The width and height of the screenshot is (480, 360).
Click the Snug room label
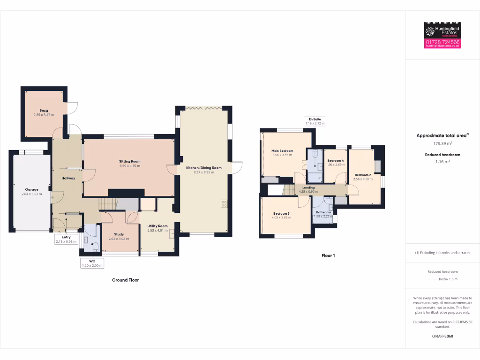(44, 111)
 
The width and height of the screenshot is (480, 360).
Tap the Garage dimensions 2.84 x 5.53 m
(32, 194)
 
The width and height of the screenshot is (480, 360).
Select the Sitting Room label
(129, 161)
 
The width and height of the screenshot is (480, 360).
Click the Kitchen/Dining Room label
(203, 167)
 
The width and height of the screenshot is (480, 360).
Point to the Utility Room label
(157, 226)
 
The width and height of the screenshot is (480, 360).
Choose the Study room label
(119, 234)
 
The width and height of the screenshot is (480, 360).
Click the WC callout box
(91, 263)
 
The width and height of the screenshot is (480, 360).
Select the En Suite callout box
(314, 121)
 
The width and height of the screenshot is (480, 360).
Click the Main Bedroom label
(282, 151)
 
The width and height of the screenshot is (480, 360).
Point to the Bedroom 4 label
(335, 161)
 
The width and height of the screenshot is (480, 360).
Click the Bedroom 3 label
(282, 214)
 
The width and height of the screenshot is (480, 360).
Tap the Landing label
(308, 187)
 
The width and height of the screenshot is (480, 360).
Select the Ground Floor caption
(125, 280)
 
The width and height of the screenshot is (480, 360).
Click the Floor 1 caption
(328, 256)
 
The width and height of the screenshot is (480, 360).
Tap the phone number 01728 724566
(442, 42)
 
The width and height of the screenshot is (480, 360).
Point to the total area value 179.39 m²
(442, 143)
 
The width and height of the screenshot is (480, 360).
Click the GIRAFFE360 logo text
(442, 336)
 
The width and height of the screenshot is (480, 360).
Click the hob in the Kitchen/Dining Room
(224, 203)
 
